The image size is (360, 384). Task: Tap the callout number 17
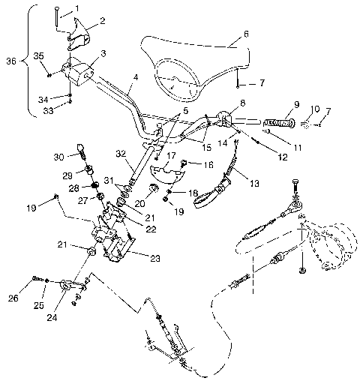pos(170,155)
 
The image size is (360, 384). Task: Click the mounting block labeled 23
pos(112,249)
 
